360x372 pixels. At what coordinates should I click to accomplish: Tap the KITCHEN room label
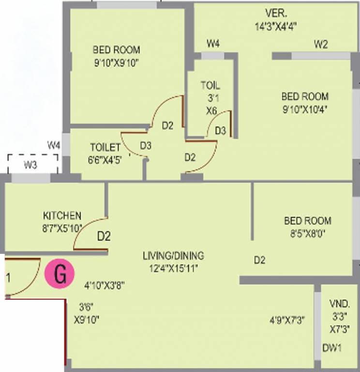point(62,216)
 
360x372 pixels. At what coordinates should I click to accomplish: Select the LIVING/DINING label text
point(173,255)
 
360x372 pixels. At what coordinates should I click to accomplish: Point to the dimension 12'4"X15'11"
point(173,268)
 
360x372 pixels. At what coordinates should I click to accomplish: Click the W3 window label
point(30,165)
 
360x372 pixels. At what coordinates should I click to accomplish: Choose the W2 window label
point(321,45)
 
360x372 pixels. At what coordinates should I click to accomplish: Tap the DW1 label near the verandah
point(332,348)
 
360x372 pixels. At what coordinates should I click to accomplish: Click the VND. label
point(340,304)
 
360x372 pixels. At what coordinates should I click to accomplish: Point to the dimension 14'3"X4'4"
point(275,27)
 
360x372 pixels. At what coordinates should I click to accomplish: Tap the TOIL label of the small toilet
point(210,86)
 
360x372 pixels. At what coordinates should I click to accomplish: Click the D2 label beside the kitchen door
point(104,237)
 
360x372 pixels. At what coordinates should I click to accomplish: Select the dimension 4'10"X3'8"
point(105,285)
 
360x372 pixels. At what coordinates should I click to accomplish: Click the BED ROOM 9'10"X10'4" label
point(305,102)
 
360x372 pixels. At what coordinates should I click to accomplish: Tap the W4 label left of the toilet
point(54,145)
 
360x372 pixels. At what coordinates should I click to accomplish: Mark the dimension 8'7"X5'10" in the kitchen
point(62,227)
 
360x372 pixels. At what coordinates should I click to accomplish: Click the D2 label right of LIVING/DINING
point(260,261)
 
